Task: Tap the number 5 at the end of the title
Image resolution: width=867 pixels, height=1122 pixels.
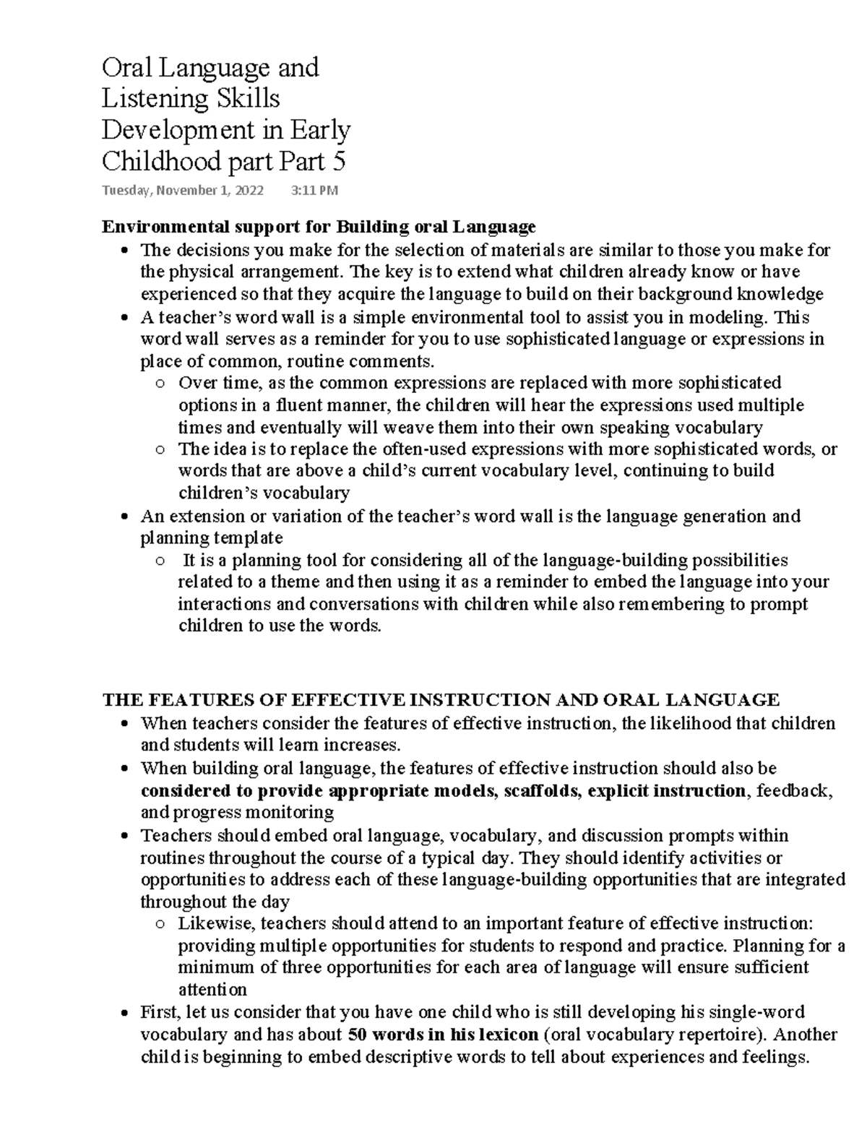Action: (339, 161)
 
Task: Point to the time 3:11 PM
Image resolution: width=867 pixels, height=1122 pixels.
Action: (314, 191)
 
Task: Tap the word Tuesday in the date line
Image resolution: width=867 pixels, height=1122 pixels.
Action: (126, 191)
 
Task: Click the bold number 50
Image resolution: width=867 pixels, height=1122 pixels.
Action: (358, 1034)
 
